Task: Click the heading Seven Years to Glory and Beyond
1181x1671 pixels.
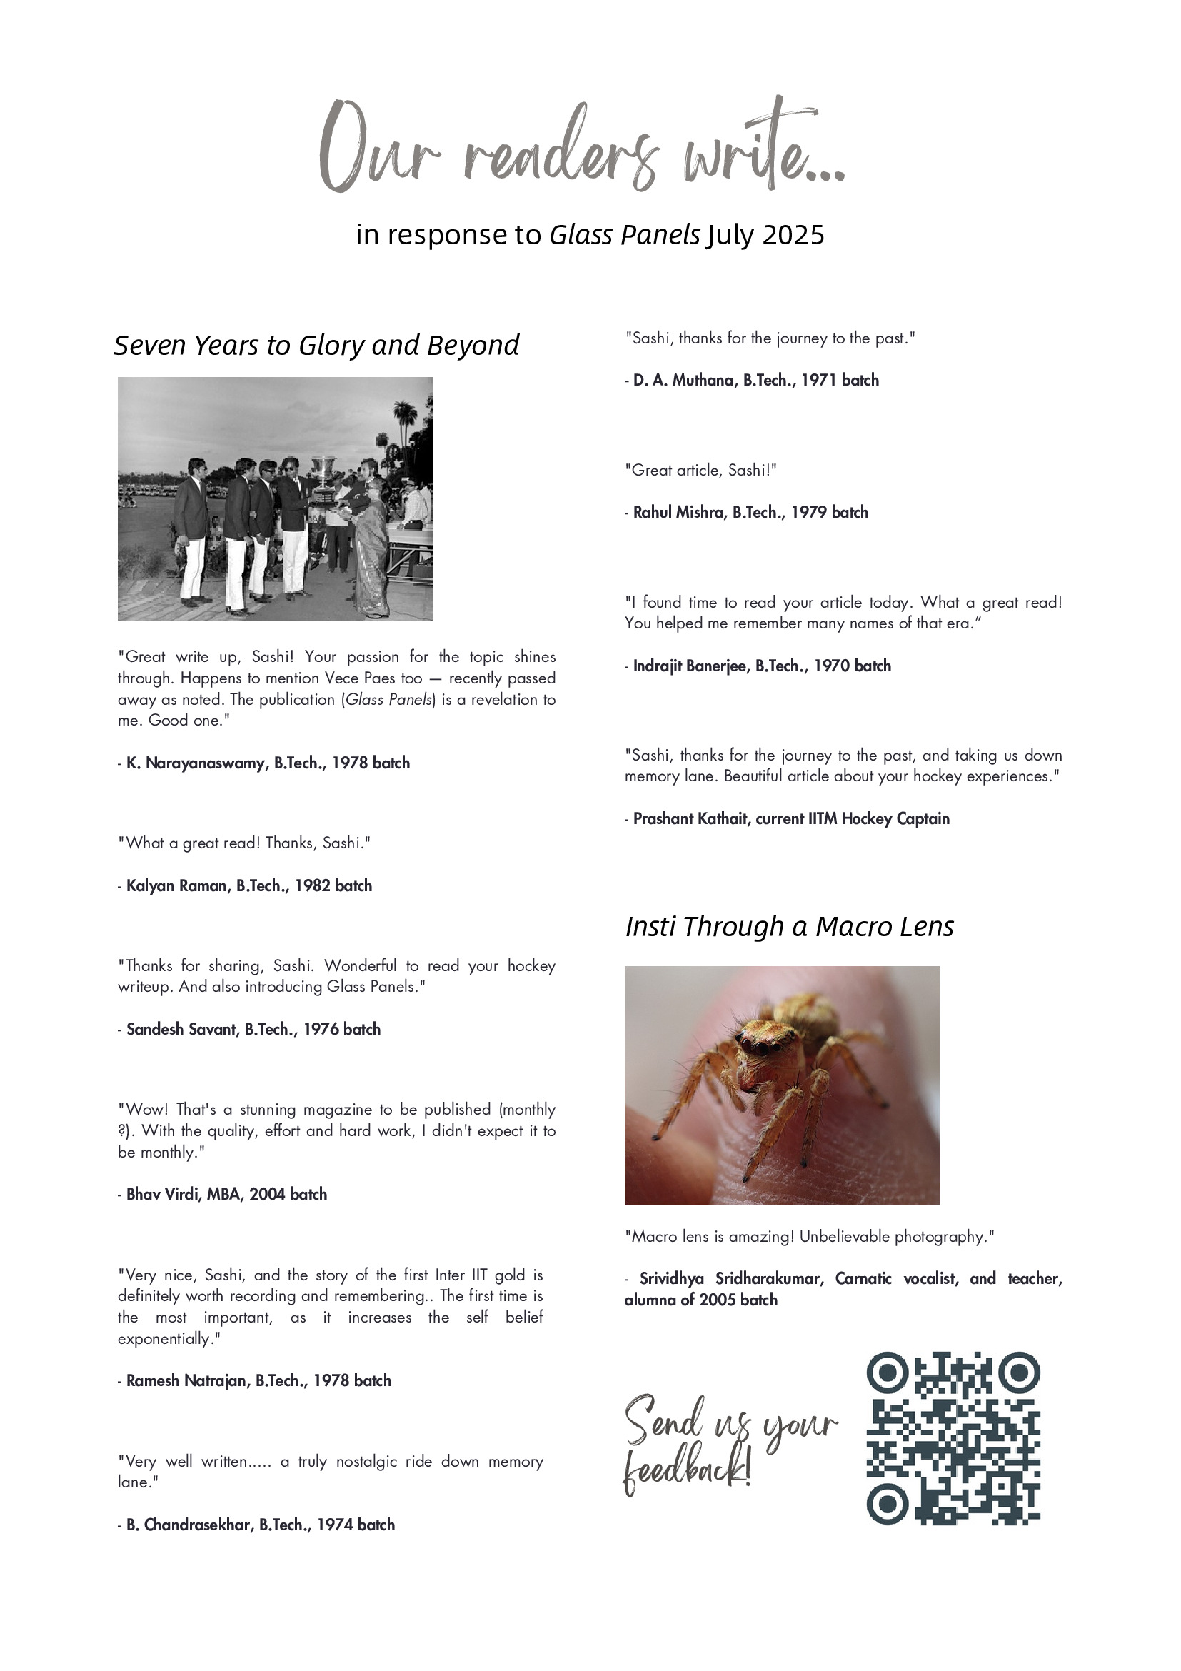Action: click(316, 346)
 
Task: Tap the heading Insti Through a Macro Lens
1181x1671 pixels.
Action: click(789, 926)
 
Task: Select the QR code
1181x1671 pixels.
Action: click(953, 1437)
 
